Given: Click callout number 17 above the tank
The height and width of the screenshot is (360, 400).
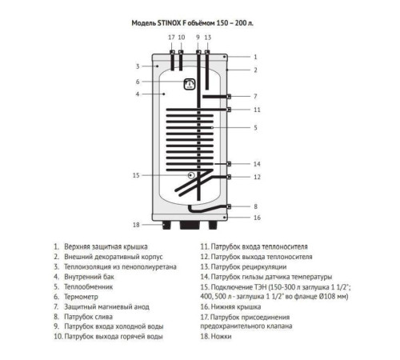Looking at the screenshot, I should click(170, 38).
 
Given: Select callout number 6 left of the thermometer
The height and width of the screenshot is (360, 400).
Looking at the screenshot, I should click(138, 81).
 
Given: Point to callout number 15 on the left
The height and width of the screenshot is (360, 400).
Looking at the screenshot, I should click(136, 174).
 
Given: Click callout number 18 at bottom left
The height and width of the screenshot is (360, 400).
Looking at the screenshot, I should click(137, 224).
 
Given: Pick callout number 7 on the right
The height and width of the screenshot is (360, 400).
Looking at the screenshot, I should click(255, 96).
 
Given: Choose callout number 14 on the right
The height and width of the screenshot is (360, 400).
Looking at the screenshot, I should click(256, 163).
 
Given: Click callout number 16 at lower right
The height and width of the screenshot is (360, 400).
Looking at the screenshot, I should click(256, 217).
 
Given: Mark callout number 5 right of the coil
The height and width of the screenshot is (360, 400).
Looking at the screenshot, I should click(254, 127).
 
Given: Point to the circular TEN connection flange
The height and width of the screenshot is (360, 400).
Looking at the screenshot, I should click(190, 175).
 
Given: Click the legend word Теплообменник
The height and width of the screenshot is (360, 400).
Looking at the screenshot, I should click(90, 285).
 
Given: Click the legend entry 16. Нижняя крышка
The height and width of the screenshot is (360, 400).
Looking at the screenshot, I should click(237, 306).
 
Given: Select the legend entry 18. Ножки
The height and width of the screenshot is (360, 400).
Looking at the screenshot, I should click(223, 337).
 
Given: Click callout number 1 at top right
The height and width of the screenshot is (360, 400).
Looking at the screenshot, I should click(254, 57).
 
